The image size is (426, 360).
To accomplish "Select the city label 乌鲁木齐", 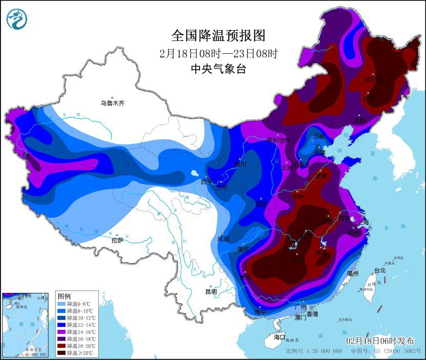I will tap(112, 103).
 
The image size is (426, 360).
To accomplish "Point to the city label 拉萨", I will tap(118, 240).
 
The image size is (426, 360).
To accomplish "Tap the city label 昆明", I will tap(211, 292).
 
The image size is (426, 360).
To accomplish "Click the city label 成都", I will tap(224, 239).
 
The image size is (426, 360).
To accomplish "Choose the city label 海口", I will tap(279, 337).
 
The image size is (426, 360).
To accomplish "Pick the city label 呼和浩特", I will tap(277, 140).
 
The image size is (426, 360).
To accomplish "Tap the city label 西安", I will tap(262, 204).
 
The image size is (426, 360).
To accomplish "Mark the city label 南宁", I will tap(260, 312).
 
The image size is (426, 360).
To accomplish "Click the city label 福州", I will tap(353, 273).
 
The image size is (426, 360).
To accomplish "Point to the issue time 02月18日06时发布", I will tap(380, 341).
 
